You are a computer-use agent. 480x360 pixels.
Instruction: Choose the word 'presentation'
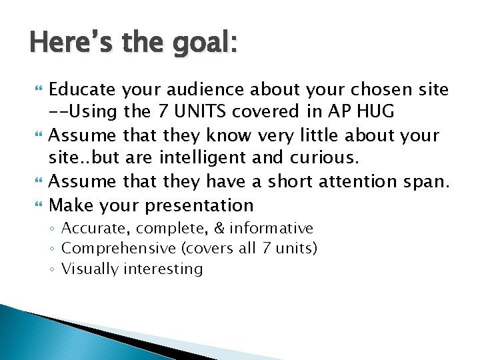pyautogui.click(x=199, y=205)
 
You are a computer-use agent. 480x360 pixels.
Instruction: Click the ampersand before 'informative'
pyautogui.click(x=219, y=229)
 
